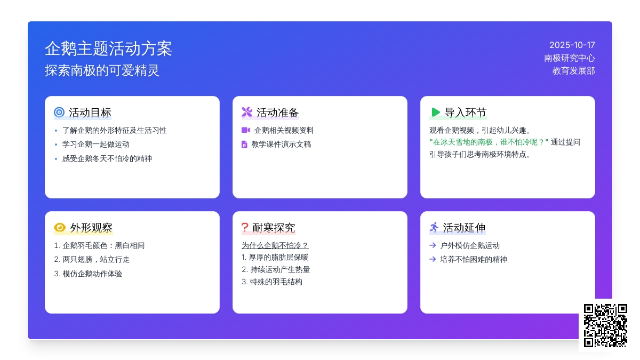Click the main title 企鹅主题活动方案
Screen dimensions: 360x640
108,49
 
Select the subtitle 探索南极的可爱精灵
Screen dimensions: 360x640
102,70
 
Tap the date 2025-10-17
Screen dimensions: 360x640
572,45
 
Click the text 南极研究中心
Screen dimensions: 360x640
569,58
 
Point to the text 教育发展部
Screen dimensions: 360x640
573,70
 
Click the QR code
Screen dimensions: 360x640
605,325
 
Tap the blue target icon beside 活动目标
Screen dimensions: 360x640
59,113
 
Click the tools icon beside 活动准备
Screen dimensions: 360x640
247,113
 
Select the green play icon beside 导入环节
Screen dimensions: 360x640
436,113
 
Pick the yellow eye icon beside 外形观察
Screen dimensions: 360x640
60,228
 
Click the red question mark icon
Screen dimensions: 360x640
245,228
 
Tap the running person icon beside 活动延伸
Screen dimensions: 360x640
434,228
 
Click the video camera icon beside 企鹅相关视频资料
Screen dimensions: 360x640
245,130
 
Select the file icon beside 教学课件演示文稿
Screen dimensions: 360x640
244,145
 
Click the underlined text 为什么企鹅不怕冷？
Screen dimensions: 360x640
275,245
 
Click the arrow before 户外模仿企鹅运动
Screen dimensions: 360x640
433,245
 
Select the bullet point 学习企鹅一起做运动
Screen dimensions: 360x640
96,145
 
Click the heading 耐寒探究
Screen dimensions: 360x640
274,228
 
